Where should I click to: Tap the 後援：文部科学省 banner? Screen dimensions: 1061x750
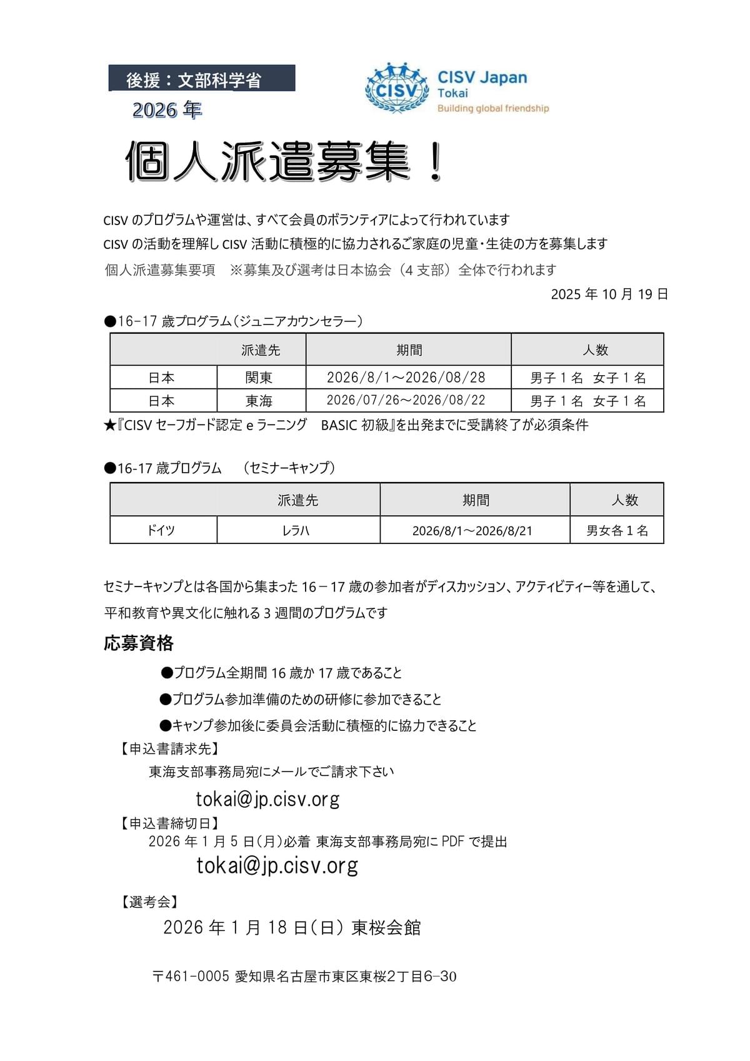(x=201, y=79)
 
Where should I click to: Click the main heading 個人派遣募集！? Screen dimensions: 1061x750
(x=284, y=162)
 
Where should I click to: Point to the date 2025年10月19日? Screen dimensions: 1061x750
(x=609, y=294)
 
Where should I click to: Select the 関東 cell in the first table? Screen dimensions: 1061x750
(x=259, y=378)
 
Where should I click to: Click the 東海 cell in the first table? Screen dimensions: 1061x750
(x=259, y=401)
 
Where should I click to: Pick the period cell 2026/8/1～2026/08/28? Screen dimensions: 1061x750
(x=406, y=378)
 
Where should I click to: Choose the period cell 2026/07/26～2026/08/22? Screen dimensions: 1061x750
(x=406, y=401)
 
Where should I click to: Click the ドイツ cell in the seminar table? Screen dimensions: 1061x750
(x=161, y=530)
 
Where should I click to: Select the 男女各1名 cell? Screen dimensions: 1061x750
(x=616, y=530)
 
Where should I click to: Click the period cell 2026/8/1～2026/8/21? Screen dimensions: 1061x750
(x=472, y=531)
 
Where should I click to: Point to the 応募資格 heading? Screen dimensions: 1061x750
(x=138, y=643)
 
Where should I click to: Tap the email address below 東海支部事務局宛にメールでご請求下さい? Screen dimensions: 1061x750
(x=267, y=799)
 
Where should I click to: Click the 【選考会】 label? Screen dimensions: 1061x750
(x=149, y=902)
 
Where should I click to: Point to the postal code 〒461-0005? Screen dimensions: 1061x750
(x=191, y=976)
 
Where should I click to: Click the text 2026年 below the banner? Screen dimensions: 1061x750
(x=167, y=110)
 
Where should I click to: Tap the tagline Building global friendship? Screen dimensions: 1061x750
(x=492, y=108)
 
